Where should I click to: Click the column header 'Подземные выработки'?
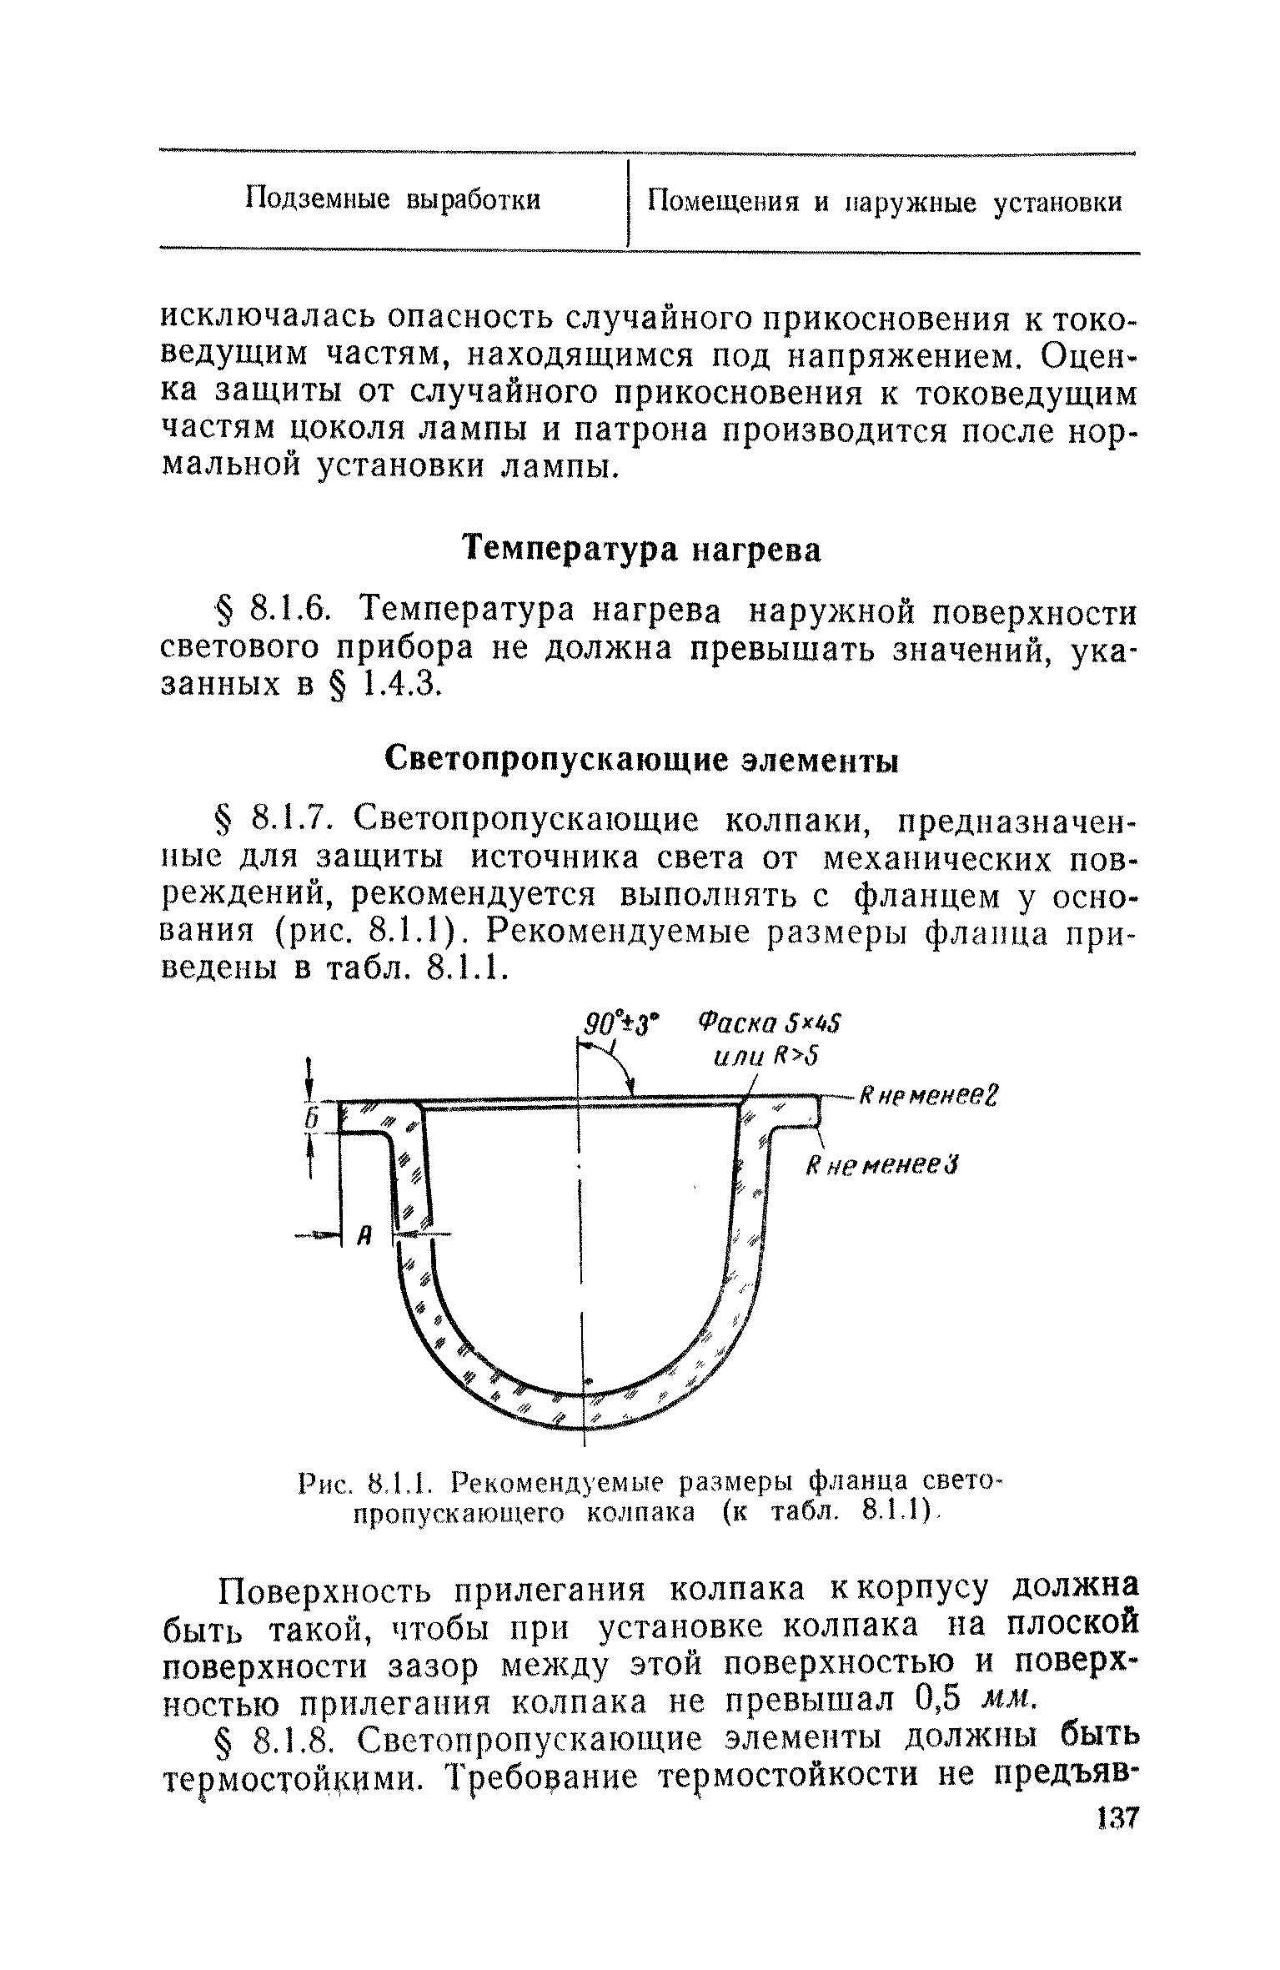[x=393, y=201]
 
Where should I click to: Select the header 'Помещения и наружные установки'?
[x=885, y=203]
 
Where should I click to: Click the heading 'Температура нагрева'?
[x=642, y=550]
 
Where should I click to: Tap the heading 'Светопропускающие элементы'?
[x=641, y=761]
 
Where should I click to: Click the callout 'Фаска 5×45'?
[x=770, y=1023]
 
